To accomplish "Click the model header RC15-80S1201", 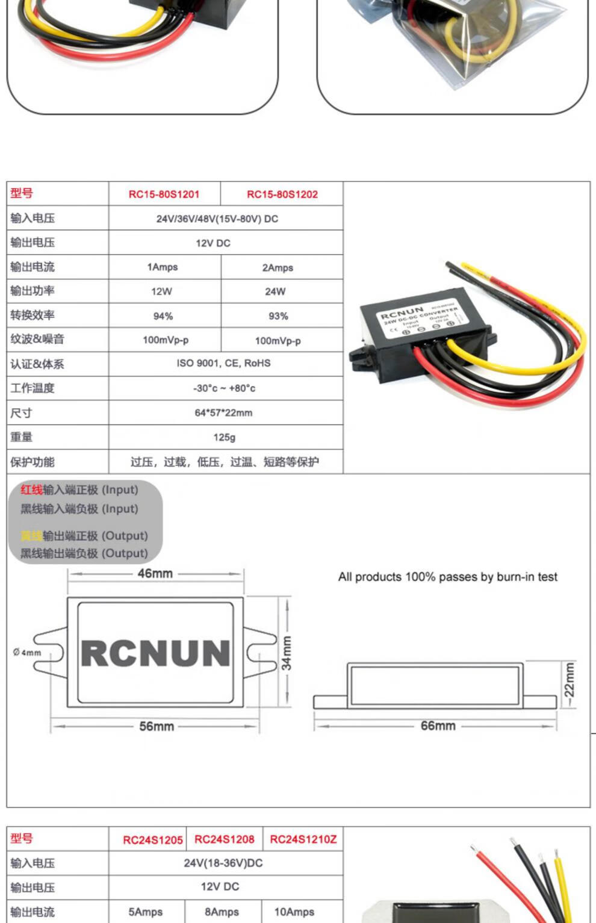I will [164, 194].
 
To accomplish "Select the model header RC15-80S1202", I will [282, 194].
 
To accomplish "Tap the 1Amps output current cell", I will [163, 267].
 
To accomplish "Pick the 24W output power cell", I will [275, 291].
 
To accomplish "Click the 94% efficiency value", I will [163, 316].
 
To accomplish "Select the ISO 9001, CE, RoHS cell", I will [223, 363].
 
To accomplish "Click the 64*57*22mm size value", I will [223, 413].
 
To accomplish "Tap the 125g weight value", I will [224, 437].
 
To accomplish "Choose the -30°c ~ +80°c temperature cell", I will [224, 388].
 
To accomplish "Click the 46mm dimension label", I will [155, 573].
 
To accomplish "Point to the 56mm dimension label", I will [157, 726].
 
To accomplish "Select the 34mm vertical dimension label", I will [287, 653].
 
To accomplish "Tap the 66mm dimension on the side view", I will [438, 726].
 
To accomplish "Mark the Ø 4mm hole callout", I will [27, 652].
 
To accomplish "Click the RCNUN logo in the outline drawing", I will [155, 653].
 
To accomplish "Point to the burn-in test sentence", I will [447, 577].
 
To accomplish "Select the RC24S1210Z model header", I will [303, 839].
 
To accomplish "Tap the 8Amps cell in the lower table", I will [222, 912].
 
